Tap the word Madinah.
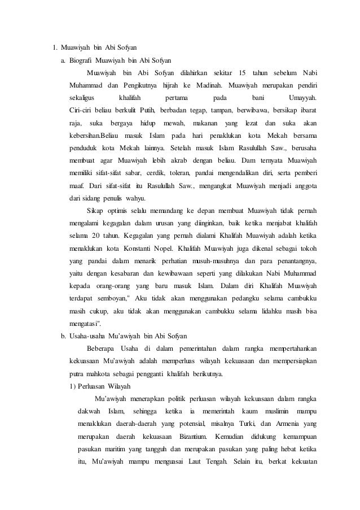tap(209, 86)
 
